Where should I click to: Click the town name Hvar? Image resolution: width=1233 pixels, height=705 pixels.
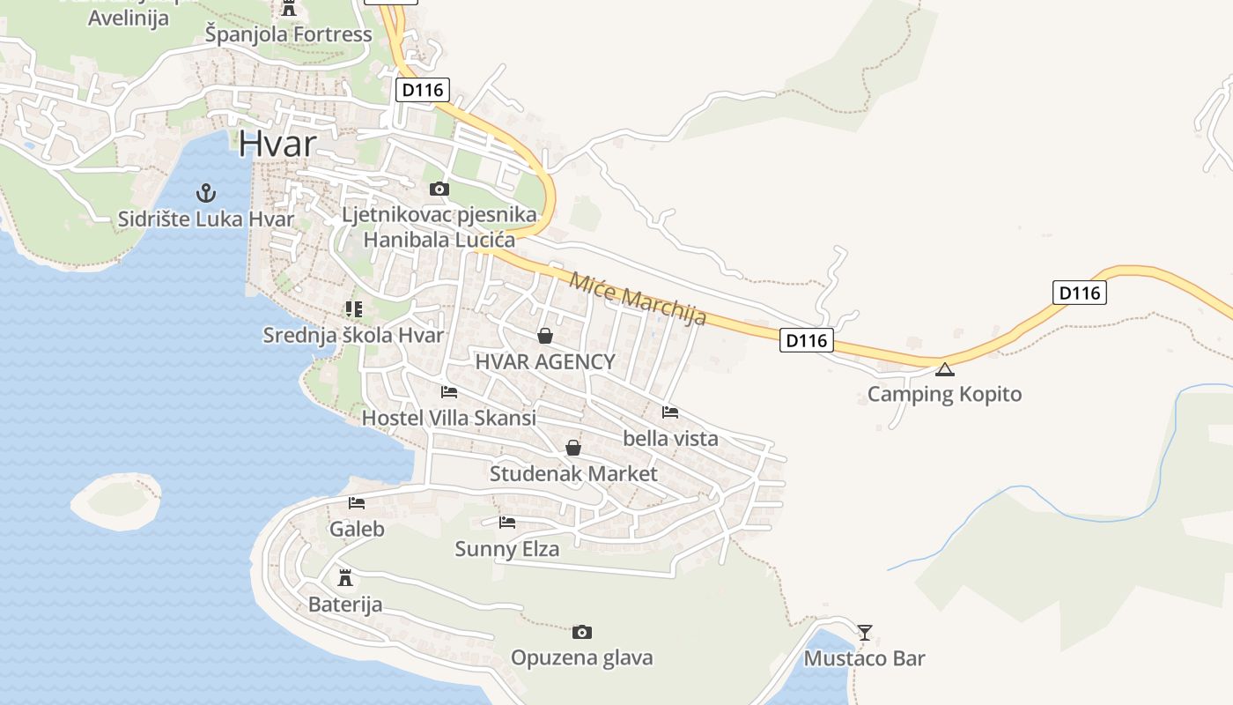277,142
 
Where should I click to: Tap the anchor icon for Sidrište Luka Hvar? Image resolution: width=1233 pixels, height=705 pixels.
206,192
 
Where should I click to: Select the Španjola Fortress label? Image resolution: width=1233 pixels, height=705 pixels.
289,35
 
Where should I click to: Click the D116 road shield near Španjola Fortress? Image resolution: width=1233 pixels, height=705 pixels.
425,89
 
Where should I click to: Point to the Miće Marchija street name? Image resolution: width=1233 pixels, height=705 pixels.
638,299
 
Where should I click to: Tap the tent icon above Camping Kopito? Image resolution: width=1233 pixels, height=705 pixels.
945,369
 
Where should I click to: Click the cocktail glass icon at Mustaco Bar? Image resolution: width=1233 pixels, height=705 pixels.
865,632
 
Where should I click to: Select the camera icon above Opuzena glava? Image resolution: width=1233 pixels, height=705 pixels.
581,632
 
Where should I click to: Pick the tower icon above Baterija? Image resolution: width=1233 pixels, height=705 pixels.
345,578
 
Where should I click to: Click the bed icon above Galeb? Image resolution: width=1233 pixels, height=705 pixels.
357,503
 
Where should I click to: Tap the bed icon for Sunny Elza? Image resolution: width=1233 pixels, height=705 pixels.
507,523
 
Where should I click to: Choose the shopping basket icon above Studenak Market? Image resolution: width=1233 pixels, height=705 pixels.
573,448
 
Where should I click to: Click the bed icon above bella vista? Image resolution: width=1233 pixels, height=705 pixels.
670,412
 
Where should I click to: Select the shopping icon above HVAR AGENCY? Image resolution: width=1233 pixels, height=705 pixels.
545,336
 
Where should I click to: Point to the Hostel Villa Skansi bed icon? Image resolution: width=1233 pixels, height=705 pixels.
449,392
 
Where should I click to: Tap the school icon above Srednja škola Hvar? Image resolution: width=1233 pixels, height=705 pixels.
353,309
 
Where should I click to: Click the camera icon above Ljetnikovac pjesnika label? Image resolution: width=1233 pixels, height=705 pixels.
439,189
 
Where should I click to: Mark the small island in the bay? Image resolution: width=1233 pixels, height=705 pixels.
116,501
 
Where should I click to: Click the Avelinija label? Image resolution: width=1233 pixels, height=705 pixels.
129,18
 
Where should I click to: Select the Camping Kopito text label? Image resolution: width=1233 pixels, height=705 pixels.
945,394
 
